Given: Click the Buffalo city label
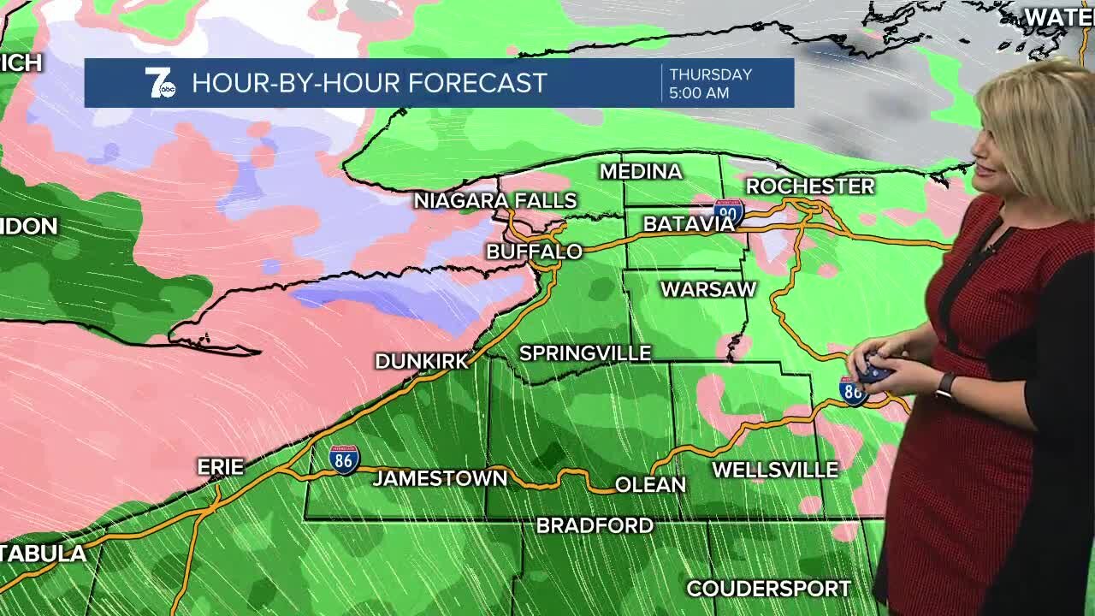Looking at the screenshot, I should pyautogui.click(x=534, y=252).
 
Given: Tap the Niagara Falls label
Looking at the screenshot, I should pyautogui.click(x=495, y=201).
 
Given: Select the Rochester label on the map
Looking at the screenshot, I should pyautogui.click(x=809, y=186).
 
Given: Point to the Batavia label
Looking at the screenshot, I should pyautogui.click(x=688, y=224).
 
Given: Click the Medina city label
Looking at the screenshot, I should pyautogui.click(x=641, y=172).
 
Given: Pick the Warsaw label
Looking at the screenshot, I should pyautogui.click(x=708, y=289).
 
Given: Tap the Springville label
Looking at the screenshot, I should pyautogui.click(x=585, y=353).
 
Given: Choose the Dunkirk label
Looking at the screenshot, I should pyautogui.click(x=422, y=361).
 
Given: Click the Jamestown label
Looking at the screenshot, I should pyautogui.click(x=440, y=478).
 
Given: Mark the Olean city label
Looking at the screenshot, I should pyautogui.click(x=650, y=485).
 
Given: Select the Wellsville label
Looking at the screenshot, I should pyautogui.click(x=775, y=470).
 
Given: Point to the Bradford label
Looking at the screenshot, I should pyautogui.click(x=595, y=525).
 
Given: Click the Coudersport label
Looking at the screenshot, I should pyautogui.click(x=768, y=589).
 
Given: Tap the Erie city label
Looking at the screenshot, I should pyautogui.click(x=221, y=467).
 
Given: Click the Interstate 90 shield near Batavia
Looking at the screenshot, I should pyautogui.click(x=729, y=211).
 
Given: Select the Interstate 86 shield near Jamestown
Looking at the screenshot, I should pyautogui.click(x=344, y=459).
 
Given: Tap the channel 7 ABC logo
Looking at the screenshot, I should pyautogui.click(x=159, y=83).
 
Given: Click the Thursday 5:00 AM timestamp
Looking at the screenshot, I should pyautogui.click(x=710, y=83).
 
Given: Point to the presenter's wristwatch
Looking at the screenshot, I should pyautogui.click(x=945, y=385).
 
